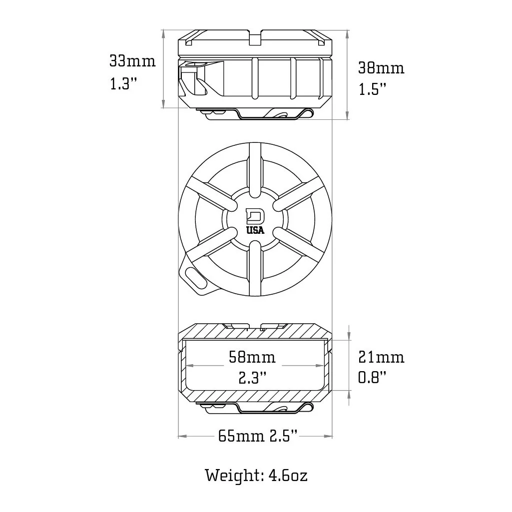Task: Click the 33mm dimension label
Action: pos(132,61)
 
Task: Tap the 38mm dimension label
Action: pos(381,68)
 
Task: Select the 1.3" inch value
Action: pos(123,84)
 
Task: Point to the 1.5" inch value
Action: pos(372,89)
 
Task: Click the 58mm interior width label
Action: pos(252,357)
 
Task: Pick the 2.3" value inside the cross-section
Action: pos(252,378)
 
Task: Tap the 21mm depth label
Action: pos(381,357)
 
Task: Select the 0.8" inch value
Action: pos(372,378)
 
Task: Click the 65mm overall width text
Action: pos(241,436)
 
